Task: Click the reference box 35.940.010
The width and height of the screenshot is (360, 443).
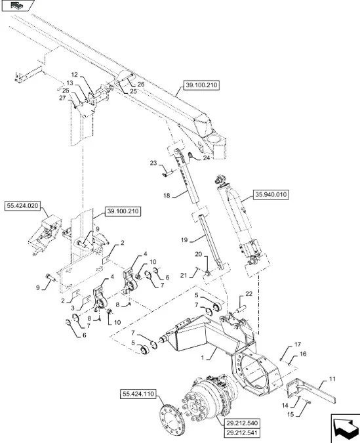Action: [271, 195]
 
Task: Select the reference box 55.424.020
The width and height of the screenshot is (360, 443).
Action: [22, 206]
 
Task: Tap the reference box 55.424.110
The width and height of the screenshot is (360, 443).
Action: [138, 394]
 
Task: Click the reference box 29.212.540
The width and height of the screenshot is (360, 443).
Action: [242, 423]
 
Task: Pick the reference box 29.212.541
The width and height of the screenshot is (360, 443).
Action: [242, 432]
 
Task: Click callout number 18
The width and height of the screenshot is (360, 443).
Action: [167, 195]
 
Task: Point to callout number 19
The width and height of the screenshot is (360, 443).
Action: [184, 240]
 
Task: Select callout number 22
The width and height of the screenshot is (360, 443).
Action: [249, 294]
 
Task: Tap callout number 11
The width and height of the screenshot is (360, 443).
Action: [332, 379]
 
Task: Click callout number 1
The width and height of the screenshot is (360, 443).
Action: [203, 358]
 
